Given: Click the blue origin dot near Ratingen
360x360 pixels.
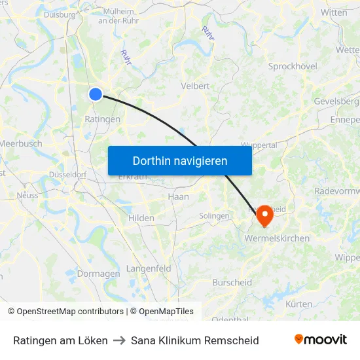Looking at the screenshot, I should click(x=96, y=94).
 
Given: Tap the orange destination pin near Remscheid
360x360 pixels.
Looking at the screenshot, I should click(x=264, y=215).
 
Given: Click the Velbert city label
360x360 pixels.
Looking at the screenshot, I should click(x=195, y=86).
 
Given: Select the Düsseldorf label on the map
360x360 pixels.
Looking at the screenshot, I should click(x=67, y=175).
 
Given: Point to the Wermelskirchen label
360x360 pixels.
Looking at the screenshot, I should click(x=277, y=238).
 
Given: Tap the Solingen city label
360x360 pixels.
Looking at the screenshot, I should click(x=214, y=216).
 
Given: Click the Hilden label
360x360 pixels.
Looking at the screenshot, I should click(x=141, y=218).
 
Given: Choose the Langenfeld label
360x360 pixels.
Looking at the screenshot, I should click(x=149, y=268).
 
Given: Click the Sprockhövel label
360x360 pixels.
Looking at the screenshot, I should click(x=293, y=67).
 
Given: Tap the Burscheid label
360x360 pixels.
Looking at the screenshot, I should click(x=232, y=283).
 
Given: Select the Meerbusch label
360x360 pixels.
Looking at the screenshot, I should click(x=21, y=143).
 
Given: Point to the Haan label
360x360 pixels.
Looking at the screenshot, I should click(x=178, y=196).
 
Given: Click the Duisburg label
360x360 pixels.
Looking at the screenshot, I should click(x=60, y=14).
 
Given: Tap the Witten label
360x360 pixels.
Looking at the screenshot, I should click(x=334, y=12).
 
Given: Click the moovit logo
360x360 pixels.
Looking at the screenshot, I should click(x=320, y=340).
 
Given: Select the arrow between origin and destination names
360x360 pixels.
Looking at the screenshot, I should click(x=119, y=340).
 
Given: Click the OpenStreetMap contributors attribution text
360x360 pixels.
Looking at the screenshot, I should click(x=70, y=312).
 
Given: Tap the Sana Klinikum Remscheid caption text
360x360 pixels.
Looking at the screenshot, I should click(x=194, y=340).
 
